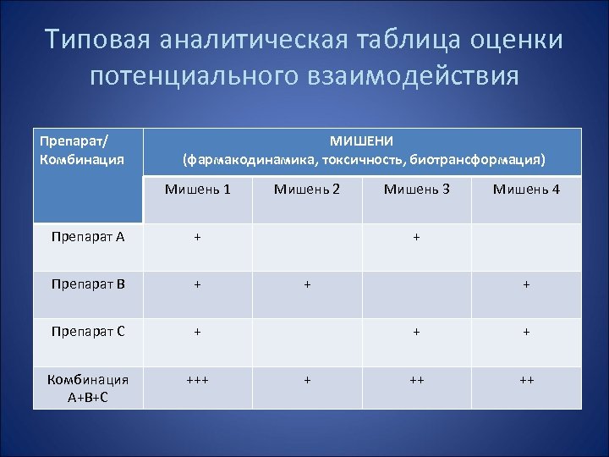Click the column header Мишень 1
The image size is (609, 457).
pyautogui.click(x=197, y=190)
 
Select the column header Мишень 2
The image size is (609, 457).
pyautogui.click(x=307, y=190)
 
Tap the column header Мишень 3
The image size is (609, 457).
pyautogui.click(x=417, y=190)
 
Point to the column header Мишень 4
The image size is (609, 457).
pyautogui.click(x=526, y=190)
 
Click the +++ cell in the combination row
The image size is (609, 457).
pyautogui.click(x=197, y=381)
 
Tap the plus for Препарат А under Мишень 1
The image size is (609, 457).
pyautogui.click(x=197, y=238)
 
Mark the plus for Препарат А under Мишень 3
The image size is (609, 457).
pyautogui.click(x=417, y=238)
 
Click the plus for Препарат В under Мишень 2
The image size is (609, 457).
pyautogui.click(x=307, y=285)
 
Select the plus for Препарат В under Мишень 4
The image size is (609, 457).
pyautogui.click(x=526, y=285)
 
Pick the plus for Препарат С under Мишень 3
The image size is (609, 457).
pyautogui.click(x=417, y=333)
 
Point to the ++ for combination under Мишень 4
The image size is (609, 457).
pyautogui.click(x=526, y=381)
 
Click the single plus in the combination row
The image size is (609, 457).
pyautogui.click(x=307, y=381)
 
